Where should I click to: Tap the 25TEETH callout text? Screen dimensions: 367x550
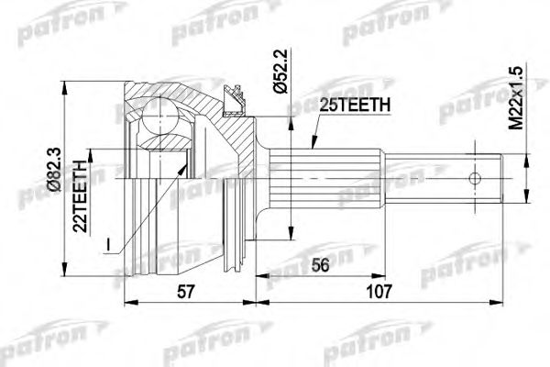354,106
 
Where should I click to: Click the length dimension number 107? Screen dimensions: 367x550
379,291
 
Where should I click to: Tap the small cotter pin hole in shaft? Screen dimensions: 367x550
477,178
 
